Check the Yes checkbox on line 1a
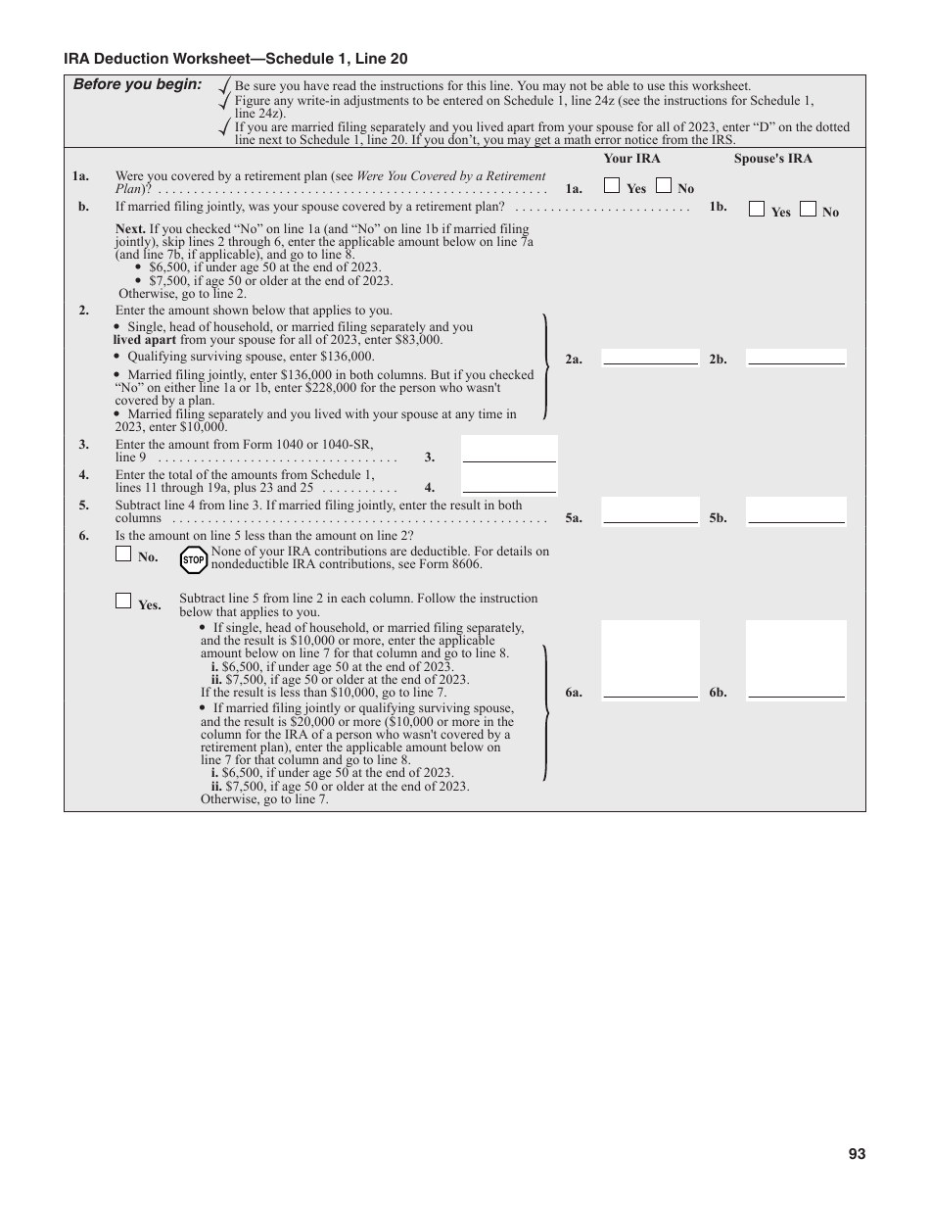click(x=612, y=185)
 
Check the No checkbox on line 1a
click(x=663, y=185)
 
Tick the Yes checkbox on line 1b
click(x=757, y=208)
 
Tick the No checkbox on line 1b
click(x=808, y=208)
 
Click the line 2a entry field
click(x=650, y=357)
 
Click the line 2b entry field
click(x=796, y=357)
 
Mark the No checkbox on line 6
click(x=123, y=554)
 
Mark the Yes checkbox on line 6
click(x=123, y=601)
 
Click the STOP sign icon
click(x=194, y=559)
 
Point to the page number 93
click(x=857, y=1154)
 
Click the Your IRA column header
click(x=631, y=159)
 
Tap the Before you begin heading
click(x=137, y=84)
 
